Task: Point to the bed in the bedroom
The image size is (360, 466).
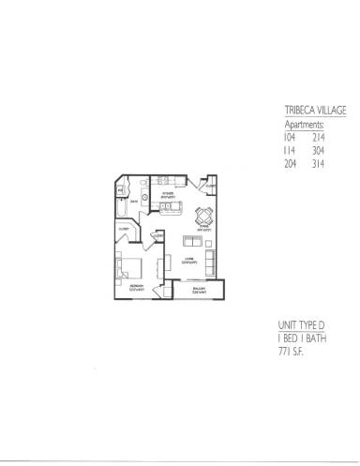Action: click(128, 269)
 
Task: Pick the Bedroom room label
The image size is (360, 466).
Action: click(135, 288)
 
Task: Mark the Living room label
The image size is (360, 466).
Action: click(188, 260)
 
